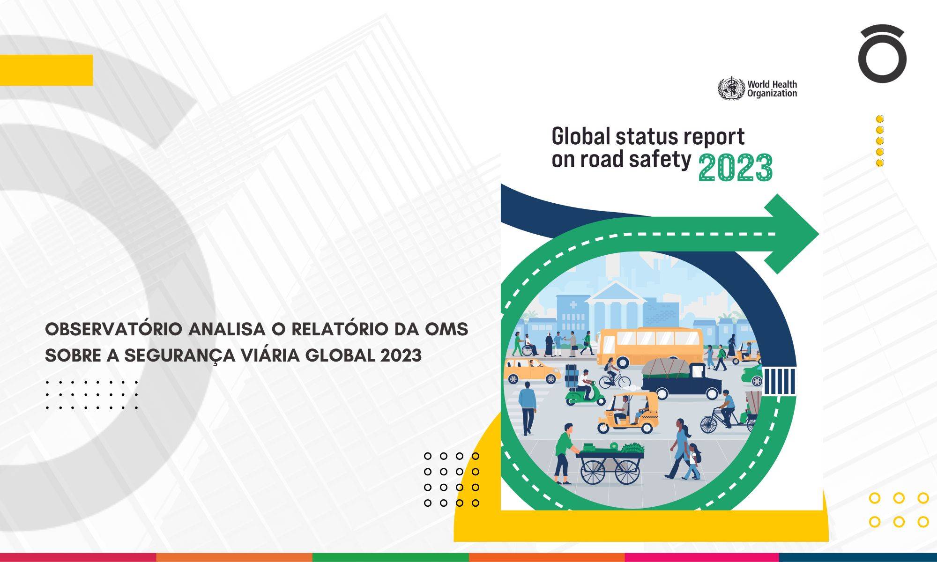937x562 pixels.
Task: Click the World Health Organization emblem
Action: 731,88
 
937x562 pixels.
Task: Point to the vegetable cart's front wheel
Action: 627,471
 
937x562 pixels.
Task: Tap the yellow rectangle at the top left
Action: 46,70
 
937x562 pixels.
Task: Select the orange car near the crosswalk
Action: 533,371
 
